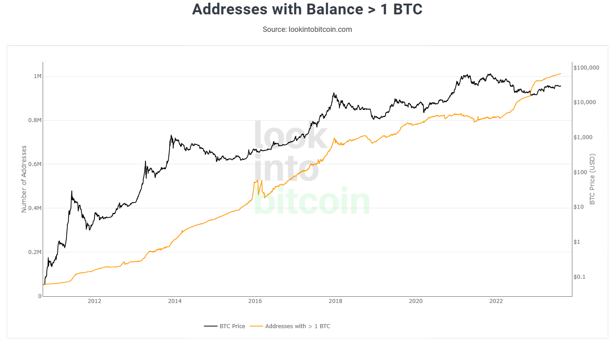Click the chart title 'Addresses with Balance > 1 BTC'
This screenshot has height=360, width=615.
click(x=307, y=9)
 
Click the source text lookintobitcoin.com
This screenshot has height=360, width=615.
click(x=307, y=30)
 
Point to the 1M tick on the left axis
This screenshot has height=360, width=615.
click(x=37, y=76)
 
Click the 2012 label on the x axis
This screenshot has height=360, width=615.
click(x=94, y=301)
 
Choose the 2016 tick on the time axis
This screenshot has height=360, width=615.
click(x=255, y=301)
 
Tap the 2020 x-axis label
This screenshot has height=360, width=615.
click(x=416, y=301)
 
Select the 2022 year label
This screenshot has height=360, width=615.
click(x=496, y=301)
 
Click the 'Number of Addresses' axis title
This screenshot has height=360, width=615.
click(x=24, y=179)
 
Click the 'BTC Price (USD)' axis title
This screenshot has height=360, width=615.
click(x=592, y=179)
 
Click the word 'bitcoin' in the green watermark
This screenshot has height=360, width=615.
click(x=312, y=202)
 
